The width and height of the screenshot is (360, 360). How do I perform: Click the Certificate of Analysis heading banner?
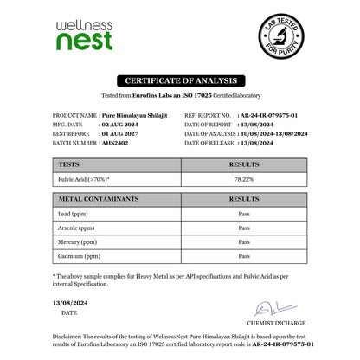(x=180, y=80)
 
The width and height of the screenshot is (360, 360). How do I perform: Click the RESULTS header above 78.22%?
(x=244, y=163)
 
